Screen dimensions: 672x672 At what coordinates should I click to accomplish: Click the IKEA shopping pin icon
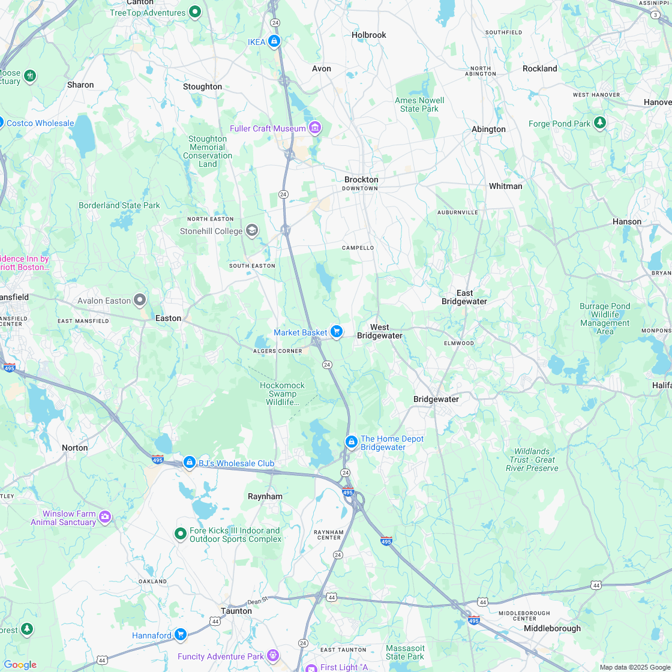(x=274, y=41)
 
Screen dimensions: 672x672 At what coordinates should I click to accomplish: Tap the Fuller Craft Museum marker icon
(x=314, y=128)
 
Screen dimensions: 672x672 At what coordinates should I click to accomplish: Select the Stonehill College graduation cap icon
(x=252, y=230)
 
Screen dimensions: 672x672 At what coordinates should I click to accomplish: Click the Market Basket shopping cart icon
(x=336, y=331)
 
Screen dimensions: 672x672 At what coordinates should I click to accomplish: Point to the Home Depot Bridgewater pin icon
(x=352, y=442)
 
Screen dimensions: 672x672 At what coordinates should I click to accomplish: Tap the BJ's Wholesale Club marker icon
(x=190, y=463)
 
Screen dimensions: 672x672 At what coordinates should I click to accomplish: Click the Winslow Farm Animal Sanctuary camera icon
(x=105, y=517)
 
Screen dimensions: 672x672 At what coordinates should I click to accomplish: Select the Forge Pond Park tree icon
(x=599, y=123)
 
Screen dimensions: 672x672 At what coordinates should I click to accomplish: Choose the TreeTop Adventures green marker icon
(x=194, y=11)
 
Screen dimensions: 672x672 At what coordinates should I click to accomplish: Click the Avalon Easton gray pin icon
(x=140, y=299)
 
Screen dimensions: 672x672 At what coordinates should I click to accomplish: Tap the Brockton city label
(x=361, y=179)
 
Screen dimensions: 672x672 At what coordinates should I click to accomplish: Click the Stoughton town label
(x=202, y=86)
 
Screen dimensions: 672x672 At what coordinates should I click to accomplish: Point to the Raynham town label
(x=265, y=496)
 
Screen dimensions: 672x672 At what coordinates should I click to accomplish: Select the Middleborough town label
(x=552, y=628)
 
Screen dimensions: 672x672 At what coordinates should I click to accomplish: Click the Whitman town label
(x=505, y=186)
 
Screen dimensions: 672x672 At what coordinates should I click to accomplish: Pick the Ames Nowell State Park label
(x=419, y=104)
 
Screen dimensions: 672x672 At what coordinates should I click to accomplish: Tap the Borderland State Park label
(x=119, y=205)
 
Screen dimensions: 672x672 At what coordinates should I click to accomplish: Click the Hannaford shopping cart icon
(x=180, y=634)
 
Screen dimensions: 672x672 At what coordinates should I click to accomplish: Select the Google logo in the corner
(x=19, y=664)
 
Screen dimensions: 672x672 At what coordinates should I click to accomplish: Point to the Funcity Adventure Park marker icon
(x=273, y=655)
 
